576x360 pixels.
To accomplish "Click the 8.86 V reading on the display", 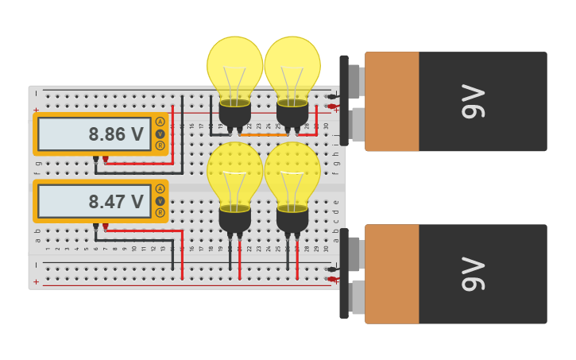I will (x=115, y=134).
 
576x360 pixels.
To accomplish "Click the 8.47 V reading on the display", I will (x=115, y=202).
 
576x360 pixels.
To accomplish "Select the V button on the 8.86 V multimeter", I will (x=160, y=134).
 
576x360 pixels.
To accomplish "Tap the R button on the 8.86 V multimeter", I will (x=160, y=145).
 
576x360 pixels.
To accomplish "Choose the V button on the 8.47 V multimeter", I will (x=160, y=201).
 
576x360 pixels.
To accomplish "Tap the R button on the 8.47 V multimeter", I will (x=160, y=213).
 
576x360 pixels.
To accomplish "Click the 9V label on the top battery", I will (x=474, y=101).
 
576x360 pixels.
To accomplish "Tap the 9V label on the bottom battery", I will (x=474, y=273).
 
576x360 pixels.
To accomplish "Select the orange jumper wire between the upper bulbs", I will (x=264, y=135).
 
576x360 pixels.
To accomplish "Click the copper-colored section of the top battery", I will (x=392, y=101).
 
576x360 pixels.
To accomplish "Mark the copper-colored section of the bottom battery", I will (x=392, y=273).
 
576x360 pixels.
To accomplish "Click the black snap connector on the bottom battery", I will (x=344, y=273).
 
